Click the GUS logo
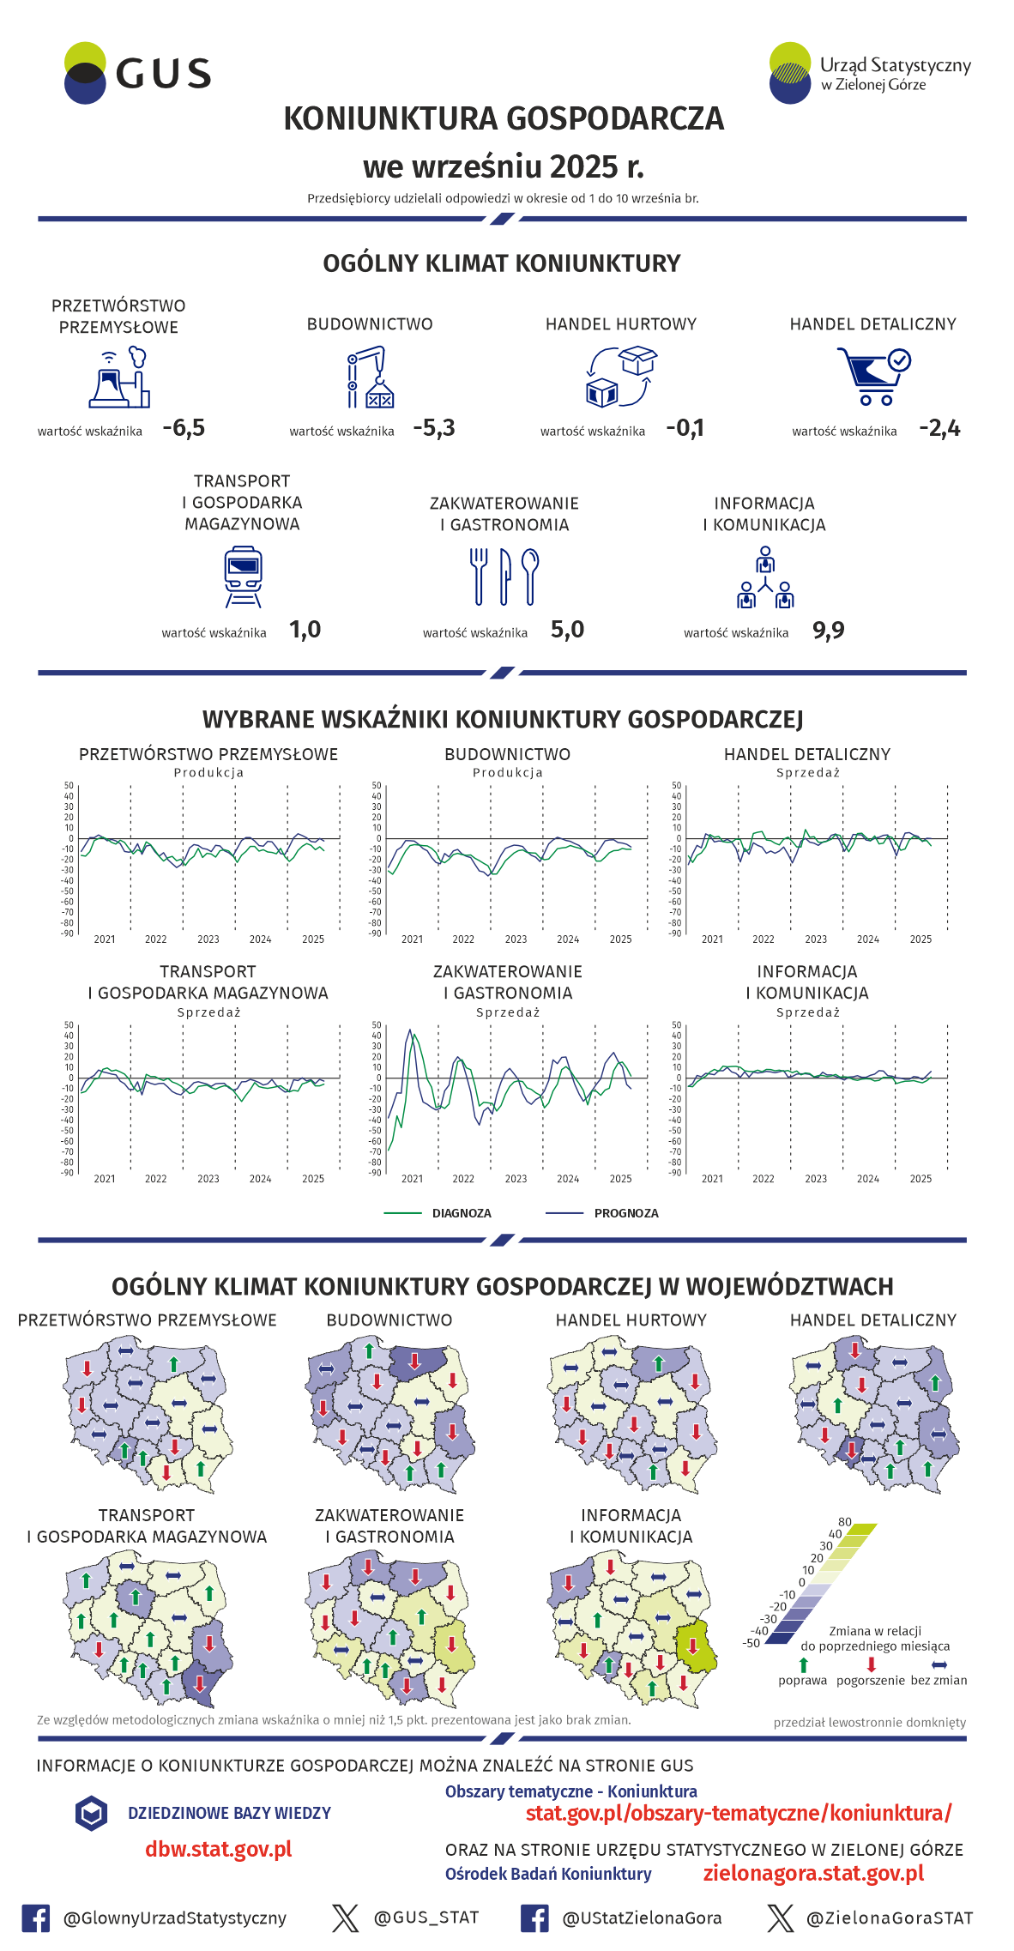tap(137, 74)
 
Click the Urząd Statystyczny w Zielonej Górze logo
tap(869, 74)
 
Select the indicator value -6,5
tap(184, 428)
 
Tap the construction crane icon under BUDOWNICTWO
tap(370, 377)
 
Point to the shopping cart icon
tap(873, 376)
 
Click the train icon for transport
tap(243, 577)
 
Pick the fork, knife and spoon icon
tap(504, 577)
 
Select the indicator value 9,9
tap(828, 631)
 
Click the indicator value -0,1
tap(685, 428)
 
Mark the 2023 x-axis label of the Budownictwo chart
tap(516, 939)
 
